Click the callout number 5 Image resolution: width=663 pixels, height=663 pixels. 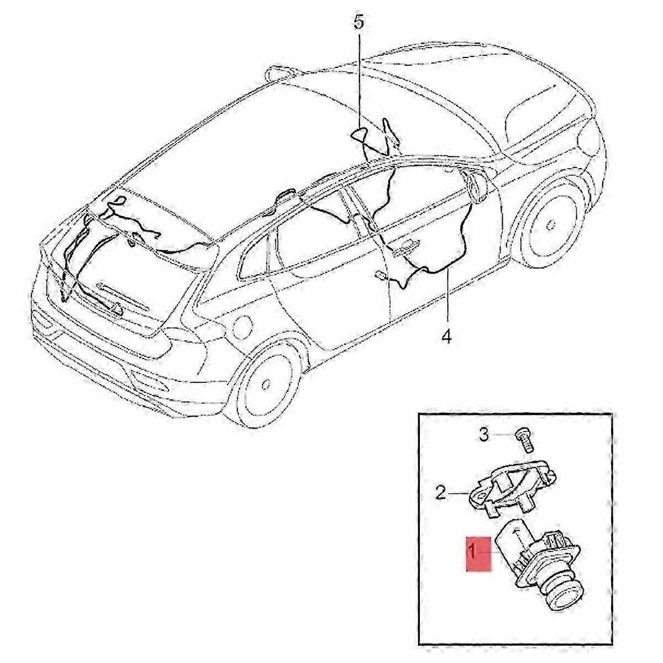click(x=359, y=23)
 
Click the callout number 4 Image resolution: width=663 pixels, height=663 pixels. click(x=446, y=335)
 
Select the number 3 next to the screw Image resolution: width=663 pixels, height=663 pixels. click(x=483, y=435)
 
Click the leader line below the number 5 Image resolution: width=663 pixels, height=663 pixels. click(x=359, y=77)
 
